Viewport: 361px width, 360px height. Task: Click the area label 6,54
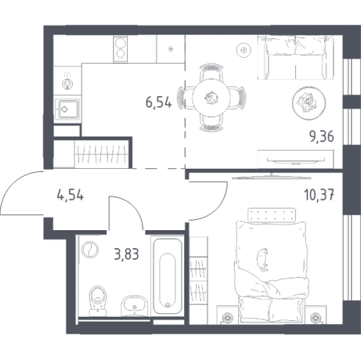159,102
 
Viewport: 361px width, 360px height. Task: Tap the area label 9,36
322,137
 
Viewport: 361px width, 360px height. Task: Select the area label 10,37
319,195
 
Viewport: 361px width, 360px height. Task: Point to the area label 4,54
70,195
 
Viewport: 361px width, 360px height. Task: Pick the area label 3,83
126,254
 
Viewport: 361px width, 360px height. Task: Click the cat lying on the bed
262,260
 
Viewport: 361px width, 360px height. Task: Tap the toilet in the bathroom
97,301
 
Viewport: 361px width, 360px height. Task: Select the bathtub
168,276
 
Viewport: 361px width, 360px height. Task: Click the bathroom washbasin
134,305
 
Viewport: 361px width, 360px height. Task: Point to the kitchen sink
67,110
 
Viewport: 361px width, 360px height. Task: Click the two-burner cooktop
120,49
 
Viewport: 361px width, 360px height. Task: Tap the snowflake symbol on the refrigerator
170,49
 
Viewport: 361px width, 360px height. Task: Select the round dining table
212,98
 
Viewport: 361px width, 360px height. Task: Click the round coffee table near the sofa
308,103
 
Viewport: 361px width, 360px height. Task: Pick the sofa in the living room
295,57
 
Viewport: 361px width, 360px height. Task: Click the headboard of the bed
272,214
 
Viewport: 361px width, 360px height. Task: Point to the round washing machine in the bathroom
90,250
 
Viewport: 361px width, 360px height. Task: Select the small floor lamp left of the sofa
243,51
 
